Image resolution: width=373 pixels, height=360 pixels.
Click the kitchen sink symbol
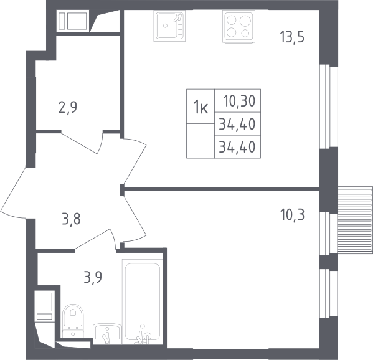169,26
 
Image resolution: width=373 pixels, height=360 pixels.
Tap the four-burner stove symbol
238,27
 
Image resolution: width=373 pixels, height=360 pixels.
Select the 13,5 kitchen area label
292,37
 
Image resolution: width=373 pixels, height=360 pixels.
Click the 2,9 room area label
68,108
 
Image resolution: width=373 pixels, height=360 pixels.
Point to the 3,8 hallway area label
72,219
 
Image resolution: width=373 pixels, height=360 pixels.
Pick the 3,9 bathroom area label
93,277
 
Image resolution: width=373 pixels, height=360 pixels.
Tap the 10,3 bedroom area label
292,215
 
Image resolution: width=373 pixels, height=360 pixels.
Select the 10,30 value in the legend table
239,101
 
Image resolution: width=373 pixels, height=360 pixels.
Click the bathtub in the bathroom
142,301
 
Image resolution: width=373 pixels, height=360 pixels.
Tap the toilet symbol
73,321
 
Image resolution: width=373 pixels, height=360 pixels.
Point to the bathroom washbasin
107,334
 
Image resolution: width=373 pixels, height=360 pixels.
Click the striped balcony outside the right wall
355,220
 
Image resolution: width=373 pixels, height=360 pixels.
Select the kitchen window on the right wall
329,107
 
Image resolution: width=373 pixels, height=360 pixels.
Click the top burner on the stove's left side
231,21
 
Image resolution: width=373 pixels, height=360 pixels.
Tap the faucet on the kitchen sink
177,18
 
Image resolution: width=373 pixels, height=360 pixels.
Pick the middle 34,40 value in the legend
237,124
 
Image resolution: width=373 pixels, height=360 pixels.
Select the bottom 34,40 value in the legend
237,147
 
